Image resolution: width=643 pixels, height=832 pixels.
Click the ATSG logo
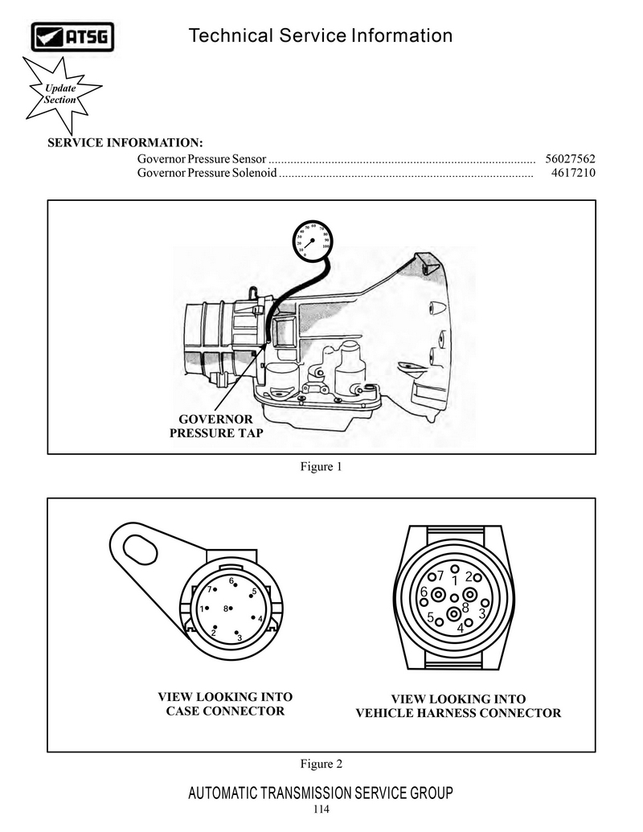tap(72, 36)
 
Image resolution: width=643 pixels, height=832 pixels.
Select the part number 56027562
tap(570, 159)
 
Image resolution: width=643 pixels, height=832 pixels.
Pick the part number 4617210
tap(573, 173)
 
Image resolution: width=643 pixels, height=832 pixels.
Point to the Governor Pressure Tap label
tap(215, 426)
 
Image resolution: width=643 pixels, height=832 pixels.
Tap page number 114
tap(321, 809)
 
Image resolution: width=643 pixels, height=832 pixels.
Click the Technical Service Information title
tap(320, 36)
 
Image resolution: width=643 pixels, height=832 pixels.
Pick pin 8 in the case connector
tap(229, 608)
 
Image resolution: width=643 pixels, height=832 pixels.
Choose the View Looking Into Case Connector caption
tap(225, 703)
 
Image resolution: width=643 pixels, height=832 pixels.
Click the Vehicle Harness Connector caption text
tap(458, 713)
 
